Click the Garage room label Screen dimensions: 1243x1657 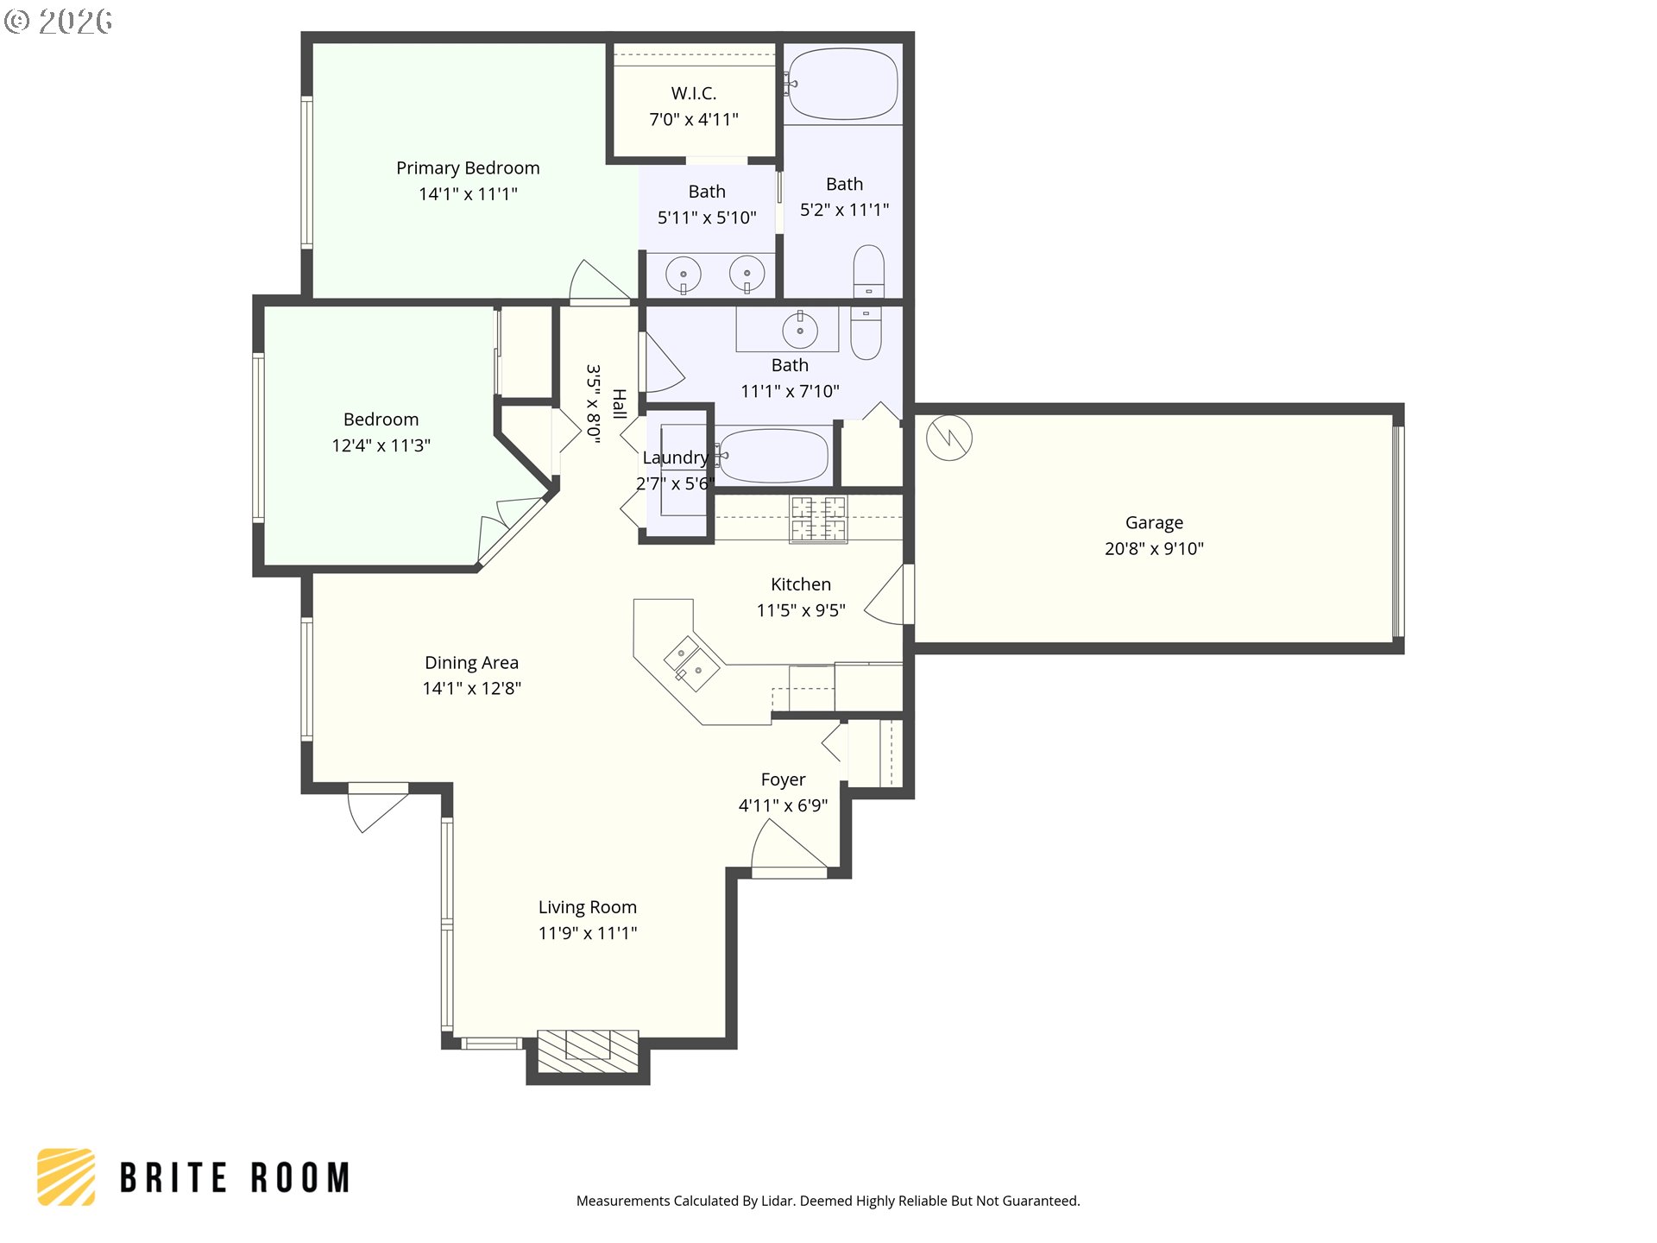click(x=1154, y=522)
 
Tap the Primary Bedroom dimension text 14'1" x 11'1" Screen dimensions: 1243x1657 click(x=468, y=194)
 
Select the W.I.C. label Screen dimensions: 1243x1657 click(x=694, y=93)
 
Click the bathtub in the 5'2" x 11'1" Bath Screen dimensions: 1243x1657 click(x=842, y=84)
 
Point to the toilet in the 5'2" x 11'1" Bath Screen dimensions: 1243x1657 click(x=868, y=271)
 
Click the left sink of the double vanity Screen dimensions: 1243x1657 click(x=683, y=275)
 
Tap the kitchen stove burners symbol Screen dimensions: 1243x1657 click(x=818, y=519)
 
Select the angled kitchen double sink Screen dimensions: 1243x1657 click(x=691, y=664)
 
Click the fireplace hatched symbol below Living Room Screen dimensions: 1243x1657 click(x=588, y=1051)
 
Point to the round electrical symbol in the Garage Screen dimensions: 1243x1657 click(x=949, y=438)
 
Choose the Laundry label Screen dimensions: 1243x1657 click(x=675, y=457)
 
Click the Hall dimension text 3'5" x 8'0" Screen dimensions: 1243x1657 click(x=593, y=404)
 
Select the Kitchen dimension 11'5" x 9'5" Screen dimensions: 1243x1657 click(x=801, y=610)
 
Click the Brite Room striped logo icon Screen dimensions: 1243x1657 click(x=66, y=1177)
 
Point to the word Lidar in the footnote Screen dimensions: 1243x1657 click(x=778, y=1201)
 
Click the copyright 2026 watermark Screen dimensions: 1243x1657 click(x=59, y=21)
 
